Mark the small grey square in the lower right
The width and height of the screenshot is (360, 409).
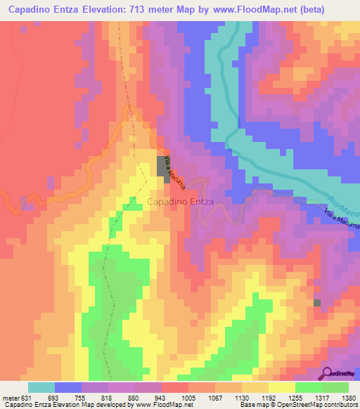tap(317, 302)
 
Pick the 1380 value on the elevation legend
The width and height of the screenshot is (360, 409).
tap(349, 397)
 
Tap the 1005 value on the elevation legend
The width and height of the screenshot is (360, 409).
tap(188, 397)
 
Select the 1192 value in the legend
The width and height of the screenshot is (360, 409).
tap(269, 397)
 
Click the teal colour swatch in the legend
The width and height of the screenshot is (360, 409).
tap(41, 387)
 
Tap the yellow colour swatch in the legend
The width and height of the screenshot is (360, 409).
tap(282, 387)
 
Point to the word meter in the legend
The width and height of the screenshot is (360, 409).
tap(11, 397)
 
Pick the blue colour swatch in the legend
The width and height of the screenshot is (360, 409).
tap(68, 387)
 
